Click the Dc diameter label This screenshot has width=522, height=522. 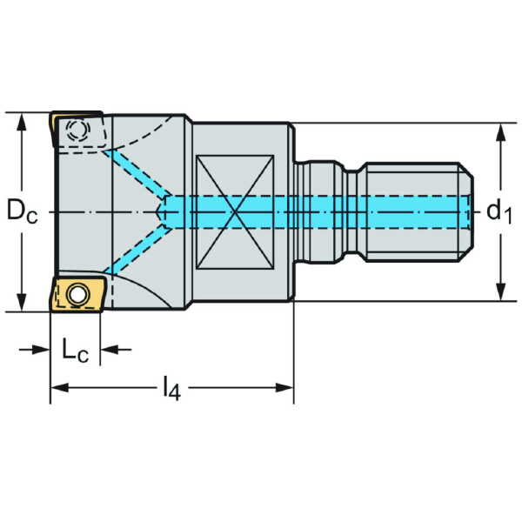22,211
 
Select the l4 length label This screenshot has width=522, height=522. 171,389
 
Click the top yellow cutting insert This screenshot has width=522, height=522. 77,130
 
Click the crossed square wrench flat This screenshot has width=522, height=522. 235,211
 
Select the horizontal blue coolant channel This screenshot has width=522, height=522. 322,211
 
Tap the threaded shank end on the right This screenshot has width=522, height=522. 418,211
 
